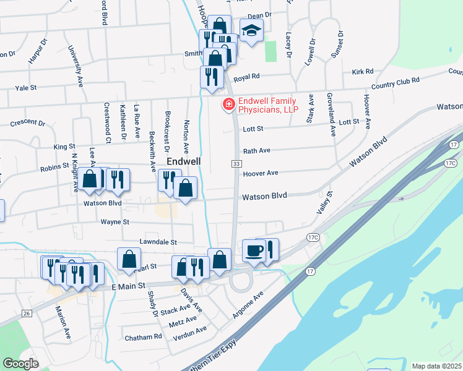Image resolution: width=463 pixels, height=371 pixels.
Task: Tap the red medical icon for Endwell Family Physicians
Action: (228, 104)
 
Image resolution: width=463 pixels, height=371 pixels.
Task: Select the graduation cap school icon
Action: (251, 30)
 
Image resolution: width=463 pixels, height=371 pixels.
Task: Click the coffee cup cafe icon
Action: (254, 251)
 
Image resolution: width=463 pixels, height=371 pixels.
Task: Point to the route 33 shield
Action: (236, 163)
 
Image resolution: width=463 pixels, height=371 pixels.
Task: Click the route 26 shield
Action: (27, 313)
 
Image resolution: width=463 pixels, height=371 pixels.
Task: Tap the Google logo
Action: (21, 363)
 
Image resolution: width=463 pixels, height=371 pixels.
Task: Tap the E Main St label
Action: (128, 286)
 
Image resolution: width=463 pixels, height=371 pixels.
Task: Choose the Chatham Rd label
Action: (143, 336)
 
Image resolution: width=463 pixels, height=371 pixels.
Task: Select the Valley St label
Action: (324, 202)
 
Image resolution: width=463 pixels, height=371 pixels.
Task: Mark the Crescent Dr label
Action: (27, 122)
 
